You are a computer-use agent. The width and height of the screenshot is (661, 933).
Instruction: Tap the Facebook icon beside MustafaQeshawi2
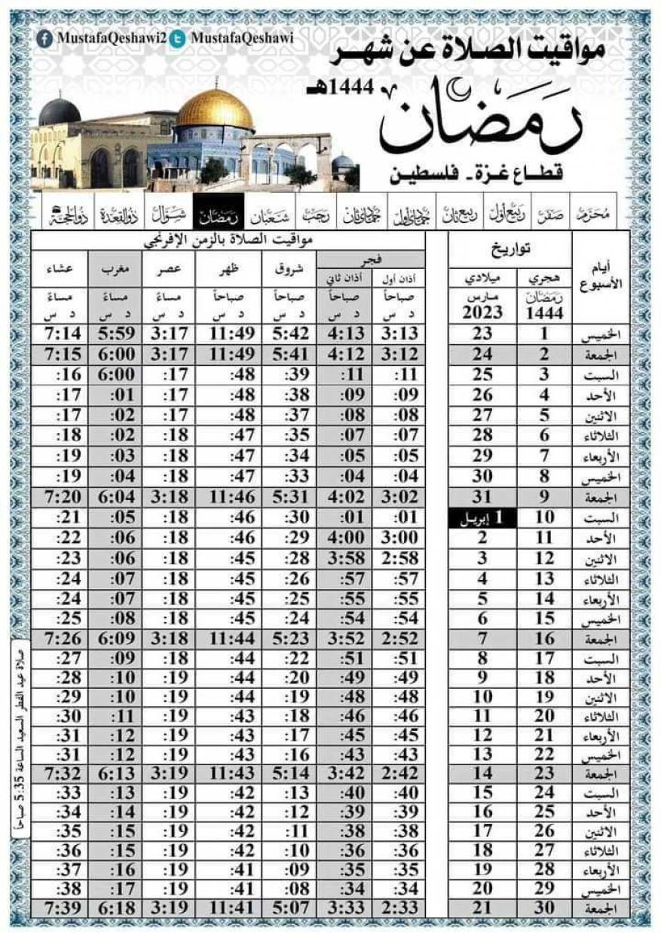[45, 38]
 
